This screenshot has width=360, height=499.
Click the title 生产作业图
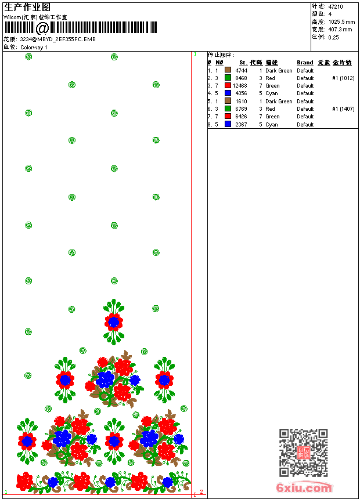27,7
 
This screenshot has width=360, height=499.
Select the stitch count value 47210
336,7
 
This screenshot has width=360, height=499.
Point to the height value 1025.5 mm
341,22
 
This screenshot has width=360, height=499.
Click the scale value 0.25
333,37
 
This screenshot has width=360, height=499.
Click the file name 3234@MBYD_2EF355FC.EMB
57,39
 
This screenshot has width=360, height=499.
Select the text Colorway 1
34,48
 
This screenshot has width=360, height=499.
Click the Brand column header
305,63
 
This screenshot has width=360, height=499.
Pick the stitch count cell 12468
240,86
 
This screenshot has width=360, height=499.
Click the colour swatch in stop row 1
228,70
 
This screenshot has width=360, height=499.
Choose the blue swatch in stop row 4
228,93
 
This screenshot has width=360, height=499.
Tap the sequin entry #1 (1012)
343,78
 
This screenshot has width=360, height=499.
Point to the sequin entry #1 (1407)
343,109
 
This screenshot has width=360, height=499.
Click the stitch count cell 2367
241,124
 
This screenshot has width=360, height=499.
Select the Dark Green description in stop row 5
279,101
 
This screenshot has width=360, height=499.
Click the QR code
303,453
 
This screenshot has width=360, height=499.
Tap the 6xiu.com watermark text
304,488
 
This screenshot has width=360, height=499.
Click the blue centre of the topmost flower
114,321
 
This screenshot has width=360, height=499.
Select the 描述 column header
272,63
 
